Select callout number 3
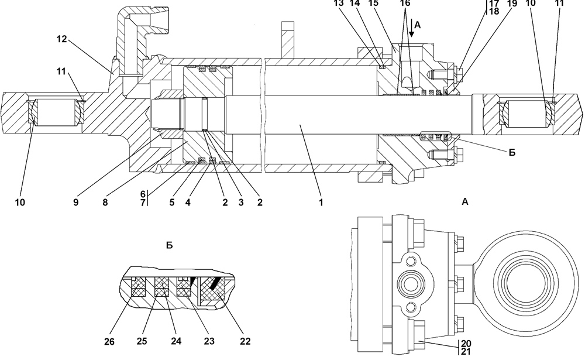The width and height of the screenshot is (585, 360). (241, 203)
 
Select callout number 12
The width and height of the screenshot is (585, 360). (62, 39)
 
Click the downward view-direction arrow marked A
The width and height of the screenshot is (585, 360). (411, 29)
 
